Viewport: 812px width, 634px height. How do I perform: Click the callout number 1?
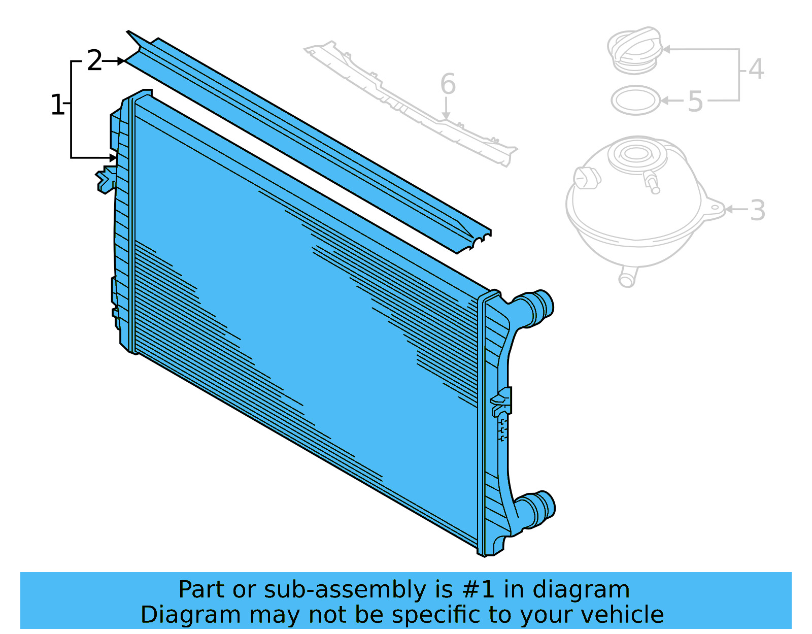point(57,105)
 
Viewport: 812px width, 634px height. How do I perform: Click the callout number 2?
point(94,61)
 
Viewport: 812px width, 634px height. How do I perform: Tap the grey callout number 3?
point(757,210)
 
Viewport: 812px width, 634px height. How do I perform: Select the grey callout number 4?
point(756,69)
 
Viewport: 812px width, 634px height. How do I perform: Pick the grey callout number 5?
point(695,102)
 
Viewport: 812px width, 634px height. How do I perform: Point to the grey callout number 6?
point(448,84)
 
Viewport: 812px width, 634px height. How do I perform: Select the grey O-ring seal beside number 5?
point(635,101)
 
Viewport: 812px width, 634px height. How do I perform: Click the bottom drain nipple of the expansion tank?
point(627,278)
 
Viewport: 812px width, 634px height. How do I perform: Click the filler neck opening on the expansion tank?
point(636,153)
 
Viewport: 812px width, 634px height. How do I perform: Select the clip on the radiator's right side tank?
point(502,401)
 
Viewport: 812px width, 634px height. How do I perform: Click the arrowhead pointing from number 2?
point(122,61)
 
